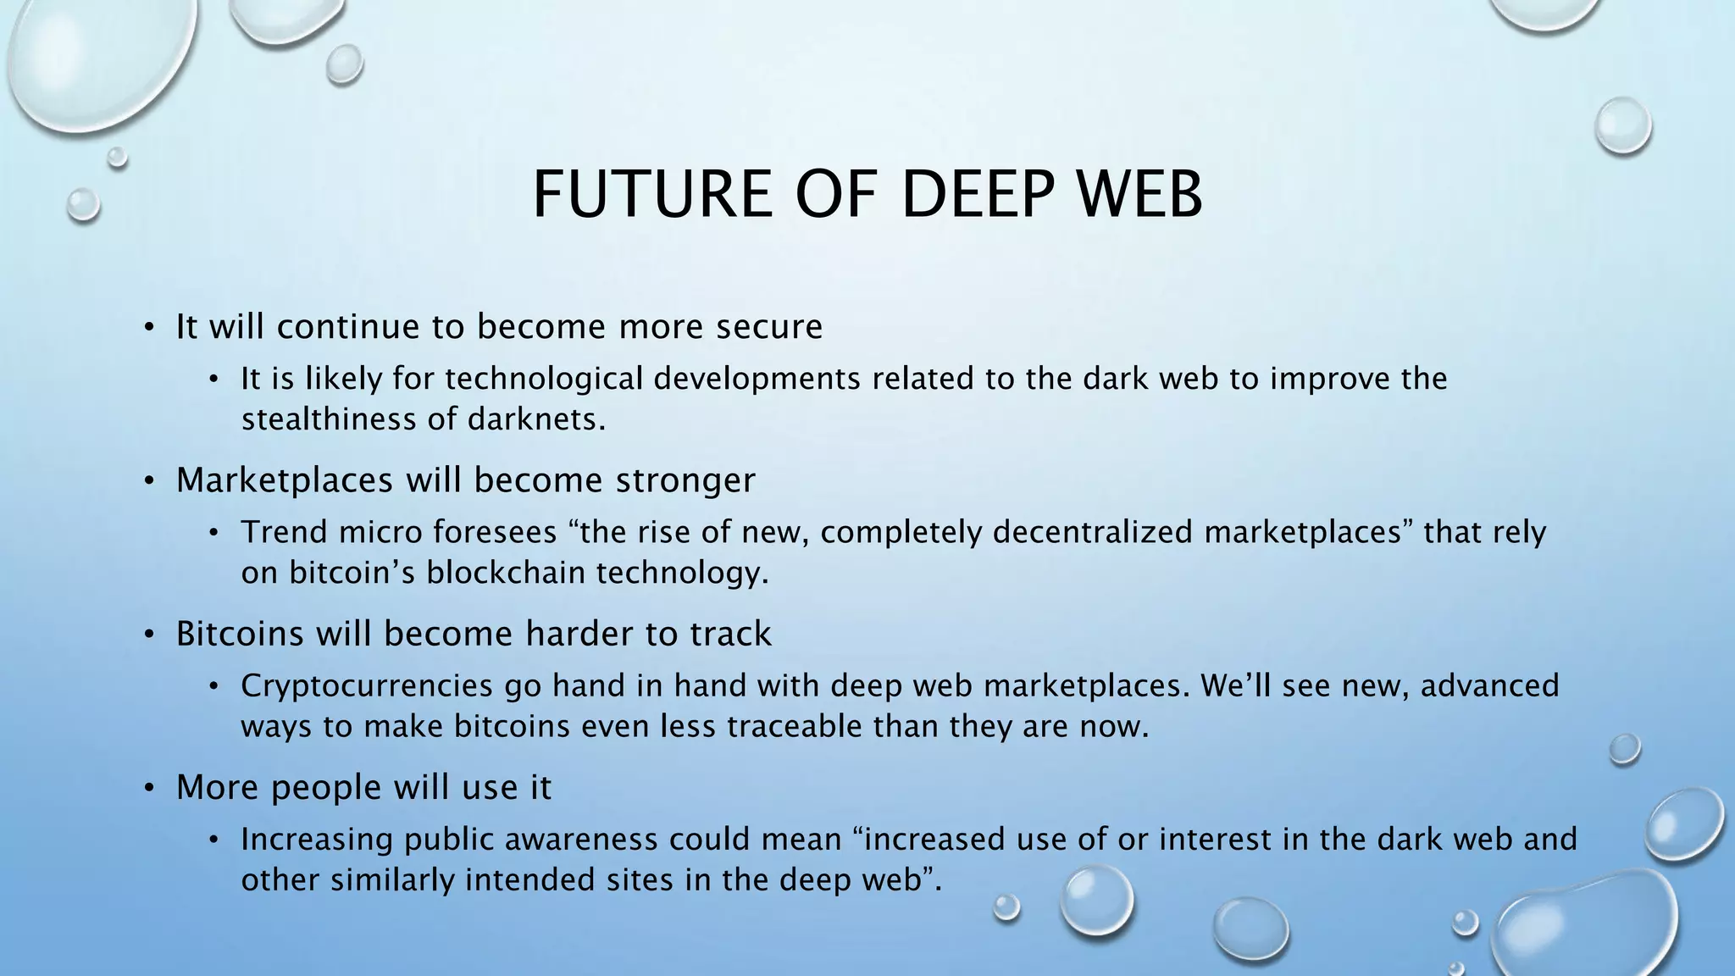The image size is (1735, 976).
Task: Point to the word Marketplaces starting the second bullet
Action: pos(285,480)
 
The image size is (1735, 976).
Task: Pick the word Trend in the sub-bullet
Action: pos(283,532)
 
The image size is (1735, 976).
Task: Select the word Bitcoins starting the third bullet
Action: pos(239,634)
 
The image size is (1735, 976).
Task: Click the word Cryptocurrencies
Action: pos(366,685)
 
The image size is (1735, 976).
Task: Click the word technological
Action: pos(544,379)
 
